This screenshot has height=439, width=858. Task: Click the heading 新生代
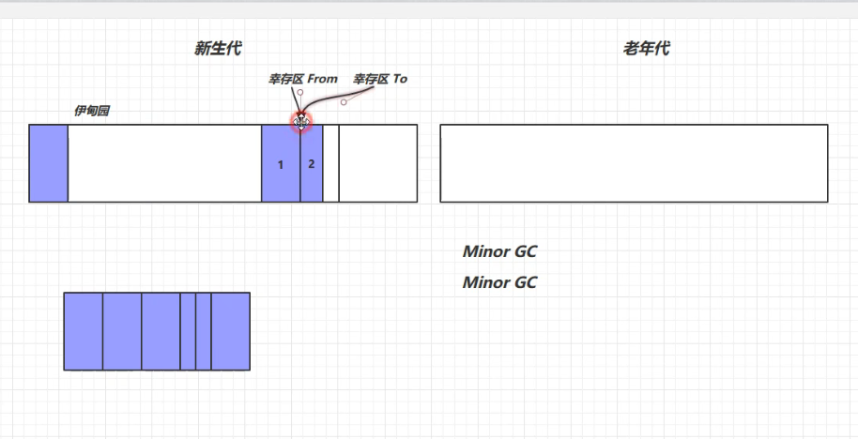tap(218, 49)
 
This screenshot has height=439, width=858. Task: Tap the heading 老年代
tap(646, 49)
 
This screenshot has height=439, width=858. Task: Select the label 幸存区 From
tap(302, 80)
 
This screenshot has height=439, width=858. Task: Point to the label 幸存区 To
tap(380, 80)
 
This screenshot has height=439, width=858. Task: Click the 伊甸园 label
tap(91, 111)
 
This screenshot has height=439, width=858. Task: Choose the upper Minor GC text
tap(499, 251)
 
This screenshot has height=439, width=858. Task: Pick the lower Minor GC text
tap(499, 282)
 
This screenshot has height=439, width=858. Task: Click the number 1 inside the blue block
tap(281, 165)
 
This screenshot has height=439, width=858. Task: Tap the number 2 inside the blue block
tap(312, 164)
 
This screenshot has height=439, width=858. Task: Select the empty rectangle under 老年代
tap(634, 163)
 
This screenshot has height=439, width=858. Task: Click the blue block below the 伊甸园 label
tap(48, 163)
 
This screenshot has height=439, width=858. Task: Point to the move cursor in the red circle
tap(300, 122)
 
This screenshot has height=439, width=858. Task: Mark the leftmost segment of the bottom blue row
tap(84, 331)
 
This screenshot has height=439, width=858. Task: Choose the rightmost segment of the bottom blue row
tap(231, 331)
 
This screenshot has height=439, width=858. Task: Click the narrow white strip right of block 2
tap(330, 163)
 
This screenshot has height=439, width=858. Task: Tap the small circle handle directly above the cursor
tap(300, 92)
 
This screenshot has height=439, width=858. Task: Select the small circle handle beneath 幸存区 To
tap(344, 102)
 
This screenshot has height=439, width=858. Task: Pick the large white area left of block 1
tap(164, 163)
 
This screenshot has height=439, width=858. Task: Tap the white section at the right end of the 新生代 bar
tap(378, 163)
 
